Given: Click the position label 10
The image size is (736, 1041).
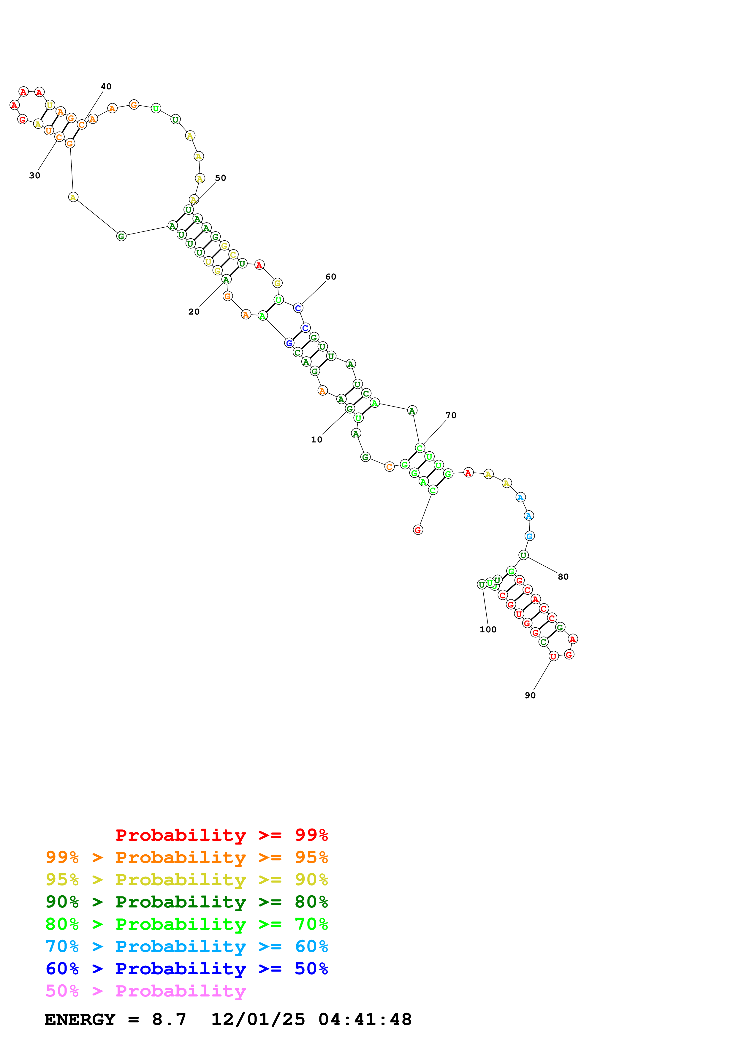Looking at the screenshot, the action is (316, 439).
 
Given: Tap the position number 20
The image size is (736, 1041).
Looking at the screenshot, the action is (194, 312).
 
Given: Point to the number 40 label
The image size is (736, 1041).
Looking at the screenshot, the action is (106, 87).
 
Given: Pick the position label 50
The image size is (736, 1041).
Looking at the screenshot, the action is (220, 178).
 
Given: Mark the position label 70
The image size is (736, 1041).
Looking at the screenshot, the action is (451, 415).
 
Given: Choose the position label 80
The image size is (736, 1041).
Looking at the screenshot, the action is (563, 577).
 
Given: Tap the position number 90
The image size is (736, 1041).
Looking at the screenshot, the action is (530, 696).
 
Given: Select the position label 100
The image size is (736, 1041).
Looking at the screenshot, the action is (488, 629).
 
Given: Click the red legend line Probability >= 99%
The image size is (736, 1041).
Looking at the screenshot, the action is (222, 835).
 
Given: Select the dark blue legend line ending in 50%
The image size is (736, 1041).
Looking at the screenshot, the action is (186, 969).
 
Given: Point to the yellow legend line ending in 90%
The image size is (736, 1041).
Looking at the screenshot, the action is (186, 880).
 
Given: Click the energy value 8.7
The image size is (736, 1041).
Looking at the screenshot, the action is (169, 1019).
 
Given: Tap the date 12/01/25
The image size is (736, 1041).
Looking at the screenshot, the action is (258, 1019).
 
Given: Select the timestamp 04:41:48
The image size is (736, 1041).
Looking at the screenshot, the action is (365, 1019).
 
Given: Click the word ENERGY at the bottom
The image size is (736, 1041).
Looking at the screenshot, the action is (80, 1019).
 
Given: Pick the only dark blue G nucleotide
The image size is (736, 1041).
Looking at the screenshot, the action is (289, 343).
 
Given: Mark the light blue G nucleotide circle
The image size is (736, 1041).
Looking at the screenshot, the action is (529, 536).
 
